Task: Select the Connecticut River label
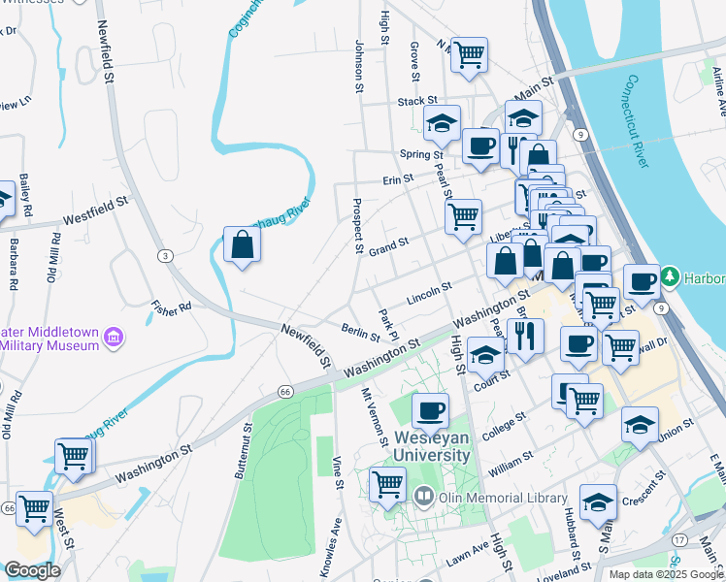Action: [x=638, y=120]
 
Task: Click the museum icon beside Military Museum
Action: [x=115, y=337]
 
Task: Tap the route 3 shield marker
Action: [x=166, y=255]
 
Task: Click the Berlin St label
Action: [x=360, y=333]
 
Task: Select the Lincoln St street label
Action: [x=430, y=291]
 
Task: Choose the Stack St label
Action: [x=418, y=101]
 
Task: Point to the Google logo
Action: [x=32, y=570]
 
